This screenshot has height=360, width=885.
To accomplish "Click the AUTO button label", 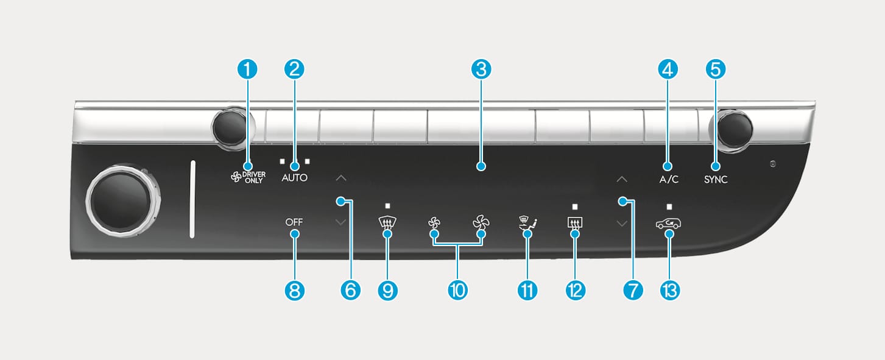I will pyautogui.click(x=294, y=179).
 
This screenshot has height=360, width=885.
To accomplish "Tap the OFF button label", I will pyautogui.click(x=294, y=222).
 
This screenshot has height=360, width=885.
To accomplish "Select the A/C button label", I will pyautogui.click(x=668, y=180).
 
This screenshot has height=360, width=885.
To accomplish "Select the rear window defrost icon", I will pyautogui.click(x=574, y=224).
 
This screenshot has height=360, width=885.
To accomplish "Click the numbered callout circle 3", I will pyautogui.click(x=481, y=69).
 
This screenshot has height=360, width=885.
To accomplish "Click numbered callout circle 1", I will pyautogui.click(x=247, y=69).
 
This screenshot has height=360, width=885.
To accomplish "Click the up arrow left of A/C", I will pyautogui.click(x=621, y=179).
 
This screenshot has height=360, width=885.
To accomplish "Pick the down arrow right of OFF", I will pyautogui.click(x=340, y=222).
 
